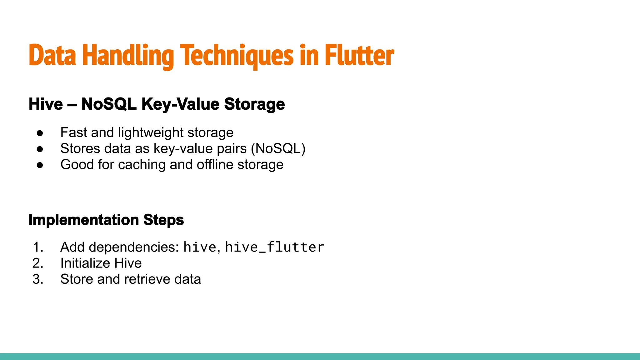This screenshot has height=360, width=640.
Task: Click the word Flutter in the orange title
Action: tap(359, 56)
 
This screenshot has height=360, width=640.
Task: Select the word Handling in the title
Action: tap(128, 56)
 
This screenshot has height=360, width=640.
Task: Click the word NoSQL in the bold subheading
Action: tap(109, 104)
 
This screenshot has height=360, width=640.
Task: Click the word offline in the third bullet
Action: tap(215, 165)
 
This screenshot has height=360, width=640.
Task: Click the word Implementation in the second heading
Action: tap(84, 220)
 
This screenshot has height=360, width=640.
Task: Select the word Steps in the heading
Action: tap(164, 220)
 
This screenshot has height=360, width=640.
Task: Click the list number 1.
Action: tap(37, 247)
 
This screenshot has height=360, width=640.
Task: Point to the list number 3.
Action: tap(37, 279)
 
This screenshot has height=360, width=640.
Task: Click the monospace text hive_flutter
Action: tap(274, 247)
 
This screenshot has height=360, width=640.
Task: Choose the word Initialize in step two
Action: tap(85, 263)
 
